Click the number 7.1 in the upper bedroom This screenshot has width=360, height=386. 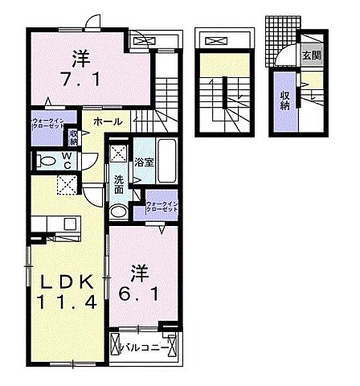coord(80,81)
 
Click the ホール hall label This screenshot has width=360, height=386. coord(107,121)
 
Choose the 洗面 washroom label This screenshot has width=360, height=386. coord(118,185)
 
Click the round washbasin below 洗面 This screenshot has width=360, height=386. coord(118,211)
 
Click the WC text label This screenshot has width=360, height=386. coord(68,160)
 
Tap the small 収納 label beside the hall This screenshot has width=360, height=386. coord(73,138)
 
